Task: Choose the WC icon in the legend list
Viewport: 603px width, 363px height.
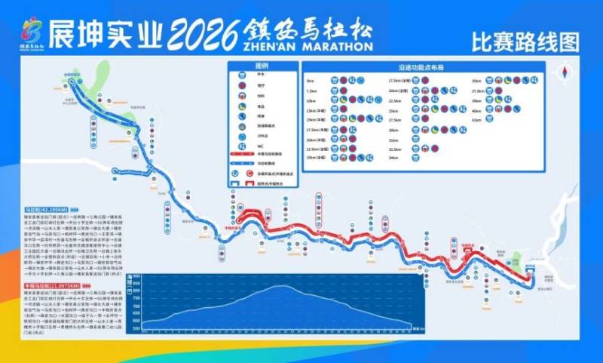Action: click(241, 145)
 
